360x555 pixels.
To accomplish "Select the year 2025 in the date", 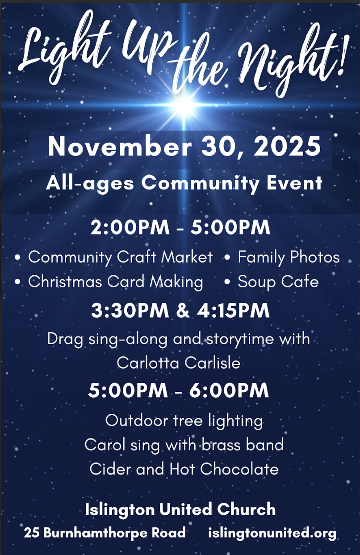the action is (x=287, y=146).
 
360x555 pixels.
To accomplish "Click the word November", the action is (x=120, y=146).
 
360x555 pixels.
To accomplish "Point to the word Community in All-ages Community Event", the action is (x=200, y=184).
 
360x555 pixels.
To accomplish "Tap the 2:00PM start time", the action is (x=130, y=227).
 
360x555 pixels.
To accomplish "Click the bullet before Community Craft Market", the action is (x=17, y=257).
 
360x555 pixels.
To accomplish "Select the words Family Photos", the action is (x=289, y=257).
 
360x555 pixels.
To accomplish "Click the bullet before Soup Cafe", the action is (x=227, y=282).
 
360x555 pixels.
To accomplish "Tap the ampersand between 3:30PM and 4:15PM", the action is (x=183, y=310).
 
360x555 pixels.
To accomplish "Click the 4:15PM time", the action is (x=233, y=310).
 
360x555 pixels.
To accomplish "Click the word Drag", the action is (x=65, y=339).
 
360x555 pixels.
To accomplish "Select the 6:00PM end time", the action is (x=229, y=391).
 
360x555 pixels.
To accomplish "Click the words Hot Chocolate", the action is (x=224, y=469).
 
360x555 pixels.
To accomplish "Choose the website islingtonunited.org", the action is (x=272, y=533).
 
